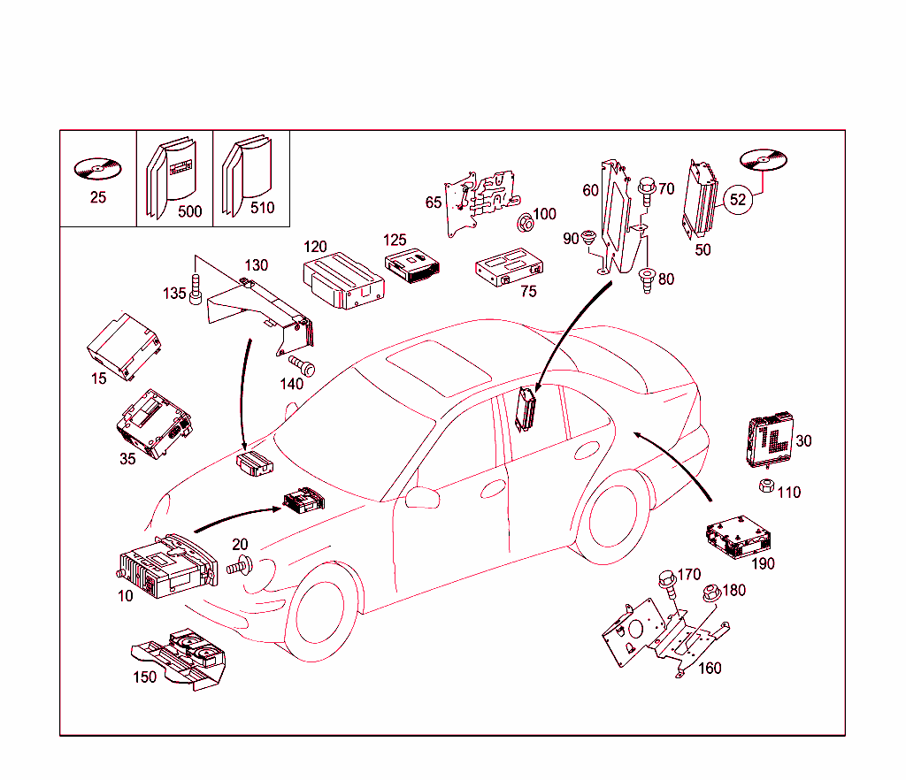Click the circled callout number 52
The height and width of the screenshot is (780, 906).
click(738, 200)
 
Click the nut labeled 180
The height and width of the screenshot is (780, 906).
click(709, 593)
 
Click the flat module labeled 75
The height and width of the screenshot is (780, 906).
click(508, 269)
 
